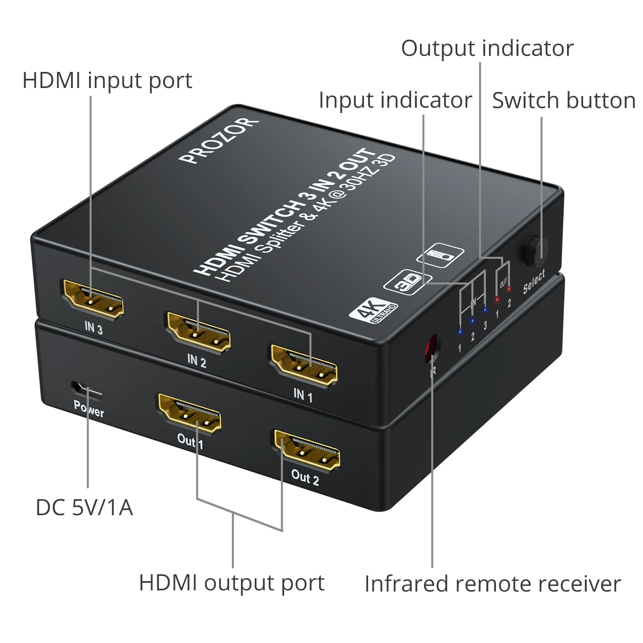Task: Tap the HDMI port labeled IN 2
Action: point(199,332)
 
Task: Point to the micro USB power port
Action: point(86,389)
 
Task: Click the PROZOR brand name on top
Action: point(218,140)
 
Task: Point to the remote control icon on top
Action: point(440,255)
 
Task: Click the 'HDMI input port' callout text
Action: point(107,81)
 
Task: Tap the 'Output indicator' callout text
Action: point(487,49)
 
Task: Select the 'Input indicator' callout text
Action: point(395,100)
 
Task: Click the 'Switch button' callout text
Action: point(563,100)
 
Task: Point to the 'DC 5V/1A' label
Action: point(84,508)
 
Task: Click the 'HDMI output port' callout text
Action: point(231,583)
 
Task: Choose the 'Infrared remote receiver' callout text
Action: point(492,584)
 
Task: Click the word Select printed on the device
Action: point(534,281)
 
